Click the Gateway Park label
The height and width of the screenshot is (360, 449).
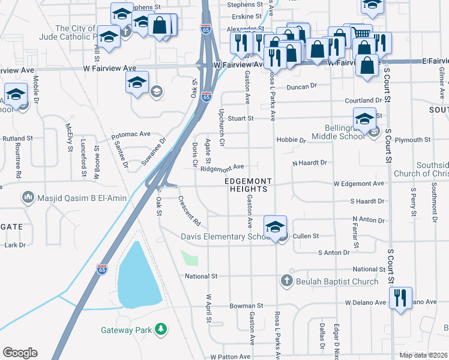pyautogui.click(x=127, y=329)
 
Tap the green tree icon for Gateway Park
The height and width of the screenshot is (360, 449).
pyautogui.click(x=160, y=329)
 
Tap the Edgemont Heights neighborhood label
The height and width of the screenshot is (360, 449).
pyautogui.click(x=249, y=185)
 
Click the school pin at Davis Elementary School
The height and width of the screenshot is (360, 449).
pyautogui.click(x=275, y=227)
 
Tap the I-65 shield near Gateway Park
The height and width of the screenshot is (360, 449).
pyautogui.click(x=103, y=270)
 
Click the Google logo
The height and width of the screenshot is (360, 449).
pyautogui.click(x=20, y=353)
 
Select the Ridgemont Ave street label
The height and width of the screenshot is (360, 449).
pyautogui.click(x=222, y=167)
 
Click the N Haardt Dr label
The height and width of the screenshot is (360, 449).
pyautogui.click(x=309, y=163)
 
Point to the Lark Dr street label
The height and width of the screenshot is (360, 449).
pyautogui.click(x=15, y=245)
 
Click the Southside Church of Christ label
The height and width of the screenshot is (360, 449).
pyautogui.click(x=420, y=170)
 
